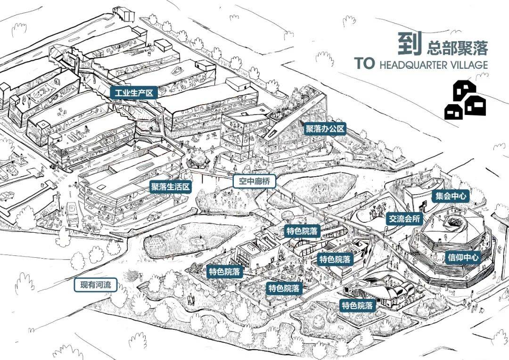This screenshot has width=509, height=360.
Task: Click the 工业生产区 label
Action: [133, 92]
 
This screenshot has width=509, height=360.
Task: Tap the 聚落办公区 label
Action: [326, 129]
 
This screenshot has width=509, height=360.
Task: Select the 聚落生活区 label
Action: [171, 187]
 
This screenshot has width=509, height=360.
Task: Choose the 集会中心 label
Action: [451, 196]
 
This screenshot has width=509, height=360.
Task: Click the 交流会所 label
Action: [404, 219]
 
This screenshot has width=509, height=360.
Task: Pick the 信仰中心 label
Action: [463, 257]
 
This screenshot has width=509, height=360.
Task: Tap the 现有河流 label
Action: [96, 285]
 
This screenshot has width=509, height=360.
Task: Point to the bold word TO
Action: [364, 64]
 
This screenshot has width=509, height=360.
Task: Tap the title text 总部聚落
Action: [457, 48]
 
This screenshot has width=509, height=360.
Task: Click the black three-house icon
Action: [465, 99]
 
